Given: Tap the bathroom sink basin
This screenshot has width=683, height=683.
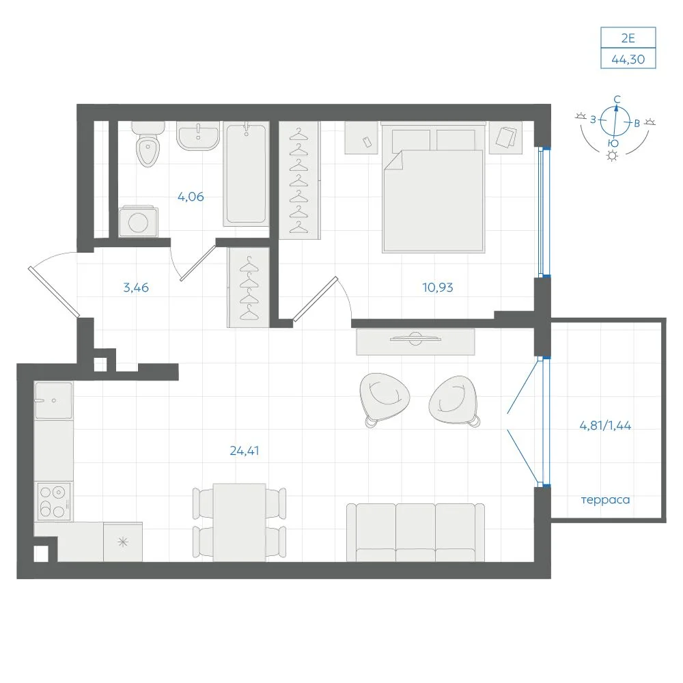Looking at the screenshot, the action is click(x=198, y=135).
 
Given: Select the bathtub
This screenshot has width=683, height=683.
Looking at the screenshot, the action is click(x=246, y=173).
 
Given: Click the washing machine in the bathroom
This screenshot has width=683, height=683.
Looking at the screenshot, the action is click(x=139, y=221).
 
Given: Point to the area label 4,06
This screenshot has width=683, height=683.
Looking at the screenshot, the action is click(x=191, y=197).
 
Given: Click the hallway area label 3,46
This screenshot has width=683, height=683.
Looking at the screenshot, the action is click(x=136, y=288).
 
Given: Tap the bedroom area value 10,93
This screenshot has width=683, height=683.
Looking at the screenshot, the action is click(x=438, y=288).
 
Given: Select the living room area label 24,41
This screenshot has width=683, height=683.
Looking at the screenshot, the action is click(x=245, y=451).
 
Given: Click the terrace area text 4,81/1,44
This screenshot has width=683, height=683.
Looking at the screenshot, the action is click(x=605, y=425).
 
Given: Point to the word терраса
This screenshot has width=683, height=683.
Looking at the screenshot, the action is click(x=605, y=500).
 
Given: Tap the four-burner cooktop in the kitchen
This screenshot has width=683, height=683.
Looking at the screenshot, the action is click(x=53, y=501).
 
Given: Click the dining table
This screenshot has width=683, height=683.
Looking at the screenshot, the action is click(x=240, y=522).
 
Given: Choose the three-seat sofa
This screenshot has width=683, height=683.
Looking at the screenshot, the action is click(x=415, y=533).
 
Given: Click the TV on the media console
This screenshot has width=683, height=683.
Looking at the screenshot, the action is click(x=415, y=339).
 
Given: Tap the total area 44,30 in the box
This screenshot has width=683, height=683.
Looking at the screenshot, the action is click(x=628, y=59).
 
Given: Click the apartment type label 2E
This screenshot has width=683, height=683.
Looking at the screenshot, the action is click(x=628, y=38).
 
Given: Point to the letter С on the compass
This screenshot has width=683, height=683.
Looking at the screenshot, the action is click(x=617, y=100).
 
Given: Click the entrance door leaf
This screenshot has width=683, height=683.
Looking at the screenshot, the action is click(x=54, y=292).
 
